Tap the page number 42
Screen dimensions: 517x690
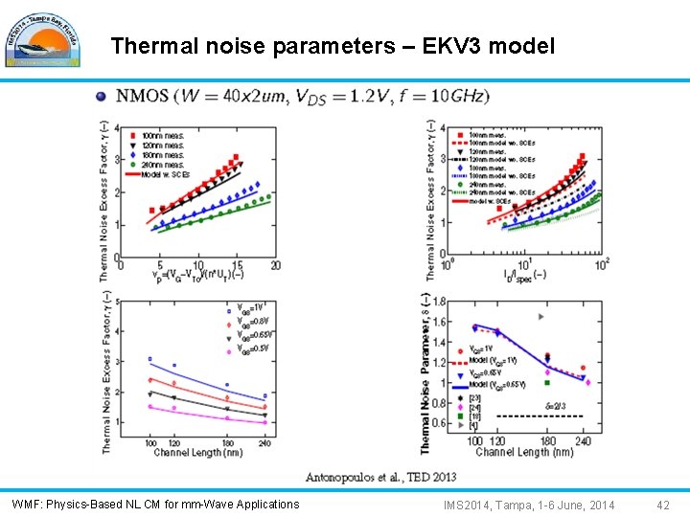point(663,505)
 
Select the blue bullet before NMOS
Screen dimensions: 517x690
point(102,96)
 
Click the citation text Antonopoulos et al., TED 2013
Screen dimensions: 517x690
point(380,477)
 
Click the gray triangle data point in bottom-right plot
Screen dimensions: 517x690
point(542,316)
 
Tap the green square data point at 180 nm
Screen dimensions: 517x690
point(547,383)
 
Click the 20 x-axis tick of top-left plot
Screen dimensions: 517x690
point(275,265)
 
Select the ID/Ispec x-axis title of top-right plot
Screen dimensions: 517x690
point(526,274)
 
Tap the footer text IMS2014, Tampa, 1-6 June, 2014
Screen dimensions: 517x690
point(529,505)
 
